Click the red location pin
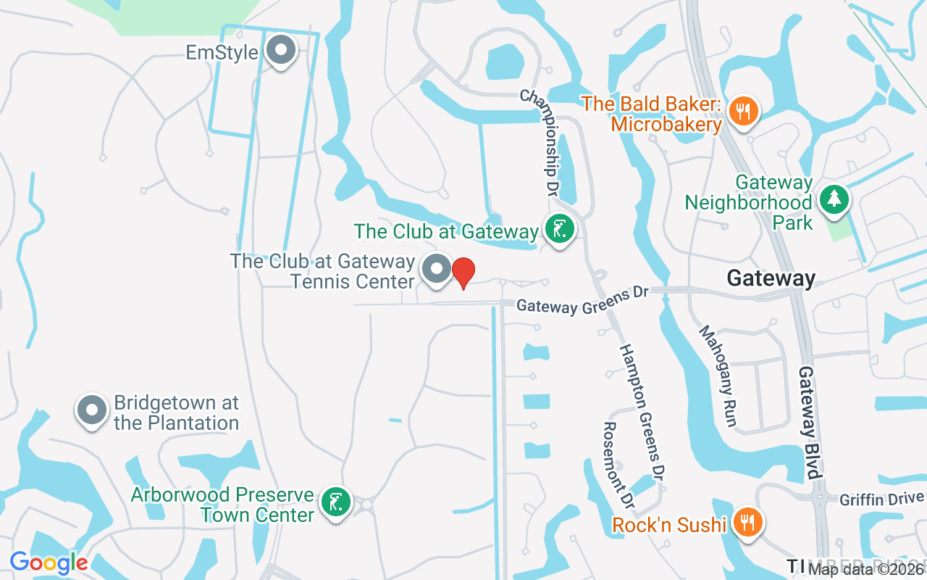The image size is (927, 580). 463,273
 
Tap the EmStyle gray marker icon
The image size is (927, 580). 281,51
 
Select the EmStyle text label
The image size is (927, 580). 222,52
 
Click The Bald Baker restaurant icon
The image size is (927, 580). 743,111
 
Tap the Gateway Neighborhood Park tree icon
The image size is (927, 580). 834,198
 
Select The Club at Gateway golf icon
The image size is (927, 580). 559,230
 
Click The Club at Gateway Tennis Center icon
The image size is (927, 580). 437,270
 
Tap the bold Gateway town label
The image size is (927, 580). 771,278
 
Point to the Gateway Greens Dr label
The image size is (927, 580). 582,302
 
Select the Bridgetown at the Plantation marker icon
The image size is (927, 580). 92,410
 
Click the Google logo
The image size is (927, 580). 49,562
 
